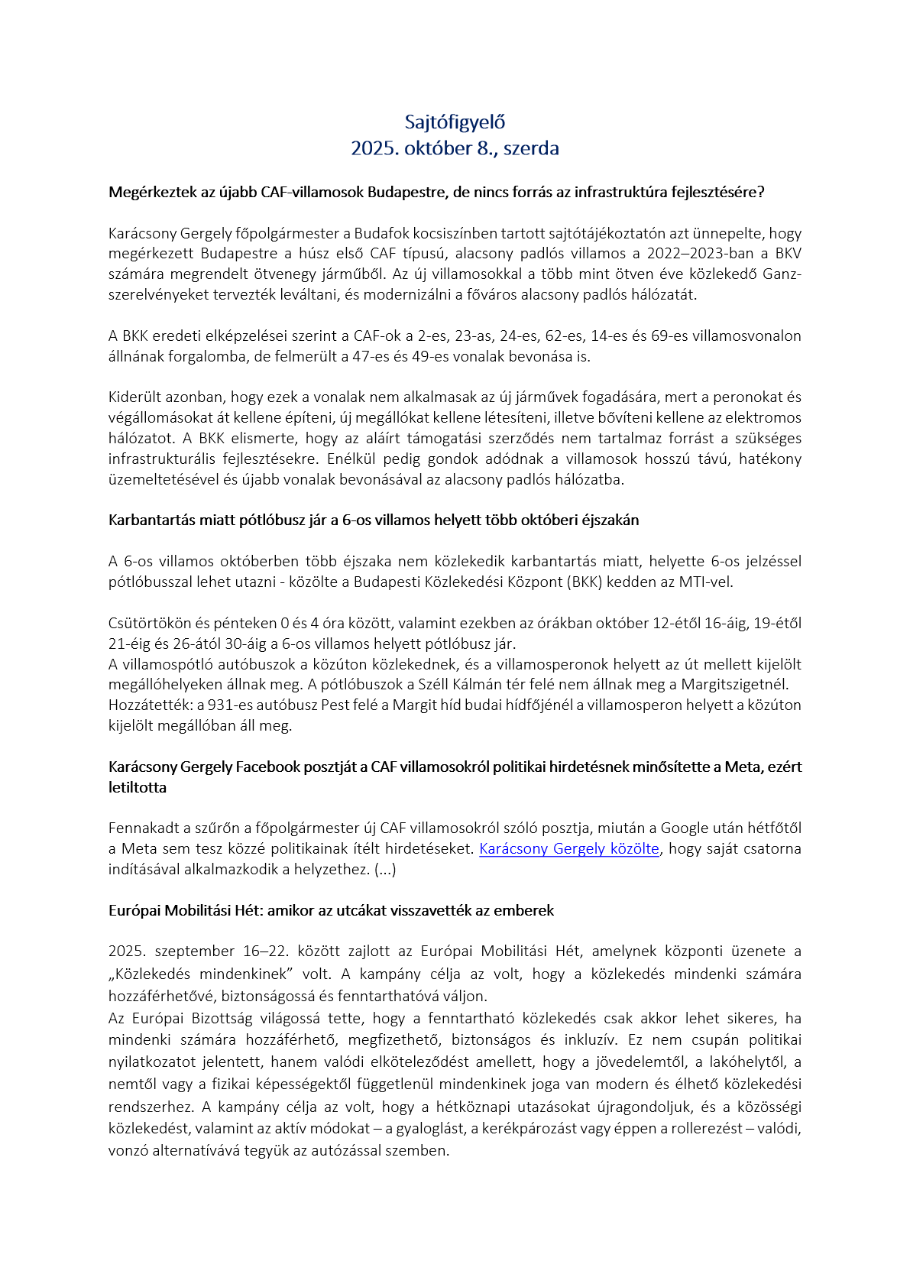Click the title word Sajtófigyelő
click(x=455, y=122)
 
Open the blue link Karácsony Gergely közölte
click(x=568, y=849)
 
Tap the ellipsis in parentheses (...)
click(x=385, y=870)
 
